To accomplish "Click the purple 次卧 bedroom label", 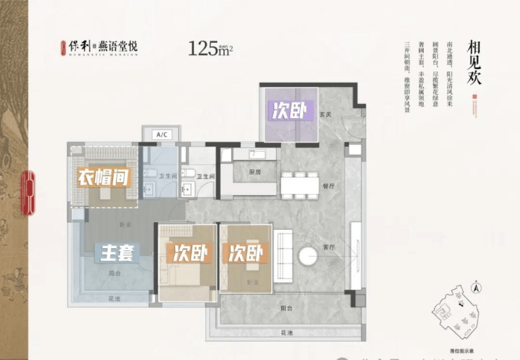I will point(290,111).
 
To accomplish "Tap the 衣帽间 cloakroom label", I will point(105,177).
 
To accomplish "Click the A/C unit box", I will point(161,134).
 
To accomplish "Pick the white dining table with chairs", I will point(299,184).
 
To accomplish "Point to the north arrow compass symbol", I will point(477,286).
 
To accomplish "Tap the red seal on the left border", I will point(29,191).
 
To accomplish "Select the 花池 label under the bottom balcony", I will point(284,331).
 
